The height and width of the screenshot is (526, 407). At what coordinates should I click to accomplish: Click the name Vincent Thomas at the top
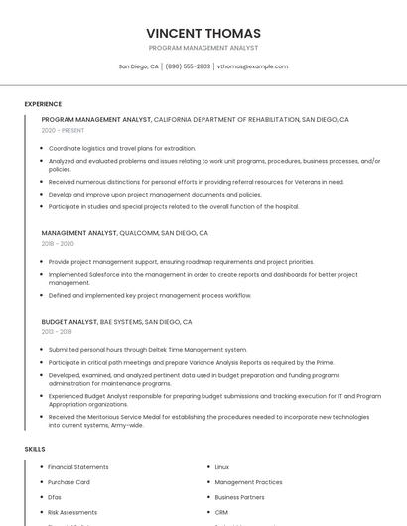tap(203, 33)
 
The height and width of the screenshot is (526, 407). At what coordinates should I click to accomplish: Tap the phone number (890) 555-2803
tap(188, 66)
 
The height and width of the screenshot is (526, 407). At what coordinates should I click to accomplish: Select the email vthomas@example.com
tap(252, 66)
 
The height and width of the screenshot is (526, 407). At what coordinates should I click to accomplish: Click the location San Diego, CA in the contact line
tap(139, 66)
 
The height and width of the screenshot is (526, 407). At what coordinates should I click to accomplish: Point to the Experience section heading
tap(43, 104)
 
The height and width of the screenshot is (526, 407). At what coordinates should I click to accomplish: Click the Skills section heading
tap(35, 449)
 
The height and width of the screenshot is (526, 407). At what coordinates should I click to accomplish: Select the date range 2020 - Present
tap(63, 130)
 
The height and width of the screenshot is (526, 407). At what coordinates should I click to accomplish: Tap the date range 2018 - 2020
tap(58, 243)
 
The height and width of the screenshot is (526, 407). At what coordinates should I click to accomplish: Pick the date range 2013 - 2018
tap(57, 332)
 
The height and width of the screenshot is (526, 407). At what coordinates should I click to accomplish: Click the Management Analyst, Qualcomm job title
tap(124, 233)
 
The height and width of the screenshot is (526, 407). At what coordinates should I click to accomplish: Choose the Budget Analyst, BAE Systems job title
tap(116, 322)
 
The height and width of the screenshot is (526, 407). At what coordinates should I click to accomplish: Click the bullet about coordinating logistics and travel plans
tap(122, 148)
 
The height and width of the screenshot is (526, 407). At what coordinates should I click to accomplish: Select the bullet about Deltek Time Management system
tap(148, 350)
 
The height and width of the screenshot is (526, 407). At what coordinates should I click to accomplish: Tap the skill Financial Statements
tap(78, 467)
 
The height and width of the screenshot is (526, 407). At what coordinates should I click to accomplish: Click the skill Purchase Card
tap(69, 482)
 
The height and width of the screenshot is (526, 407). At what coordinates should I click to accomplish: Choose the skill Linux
tap(222, 467)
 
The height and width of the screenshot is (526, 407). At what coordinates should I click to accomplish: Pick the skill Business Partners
tap(239, 497)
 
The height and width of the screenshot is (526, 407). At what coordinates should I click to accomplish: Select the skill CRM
tap(221, 512)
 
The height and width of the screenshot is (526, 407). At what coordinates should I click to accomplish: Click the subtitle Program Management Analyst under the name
tap(203, 48)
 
